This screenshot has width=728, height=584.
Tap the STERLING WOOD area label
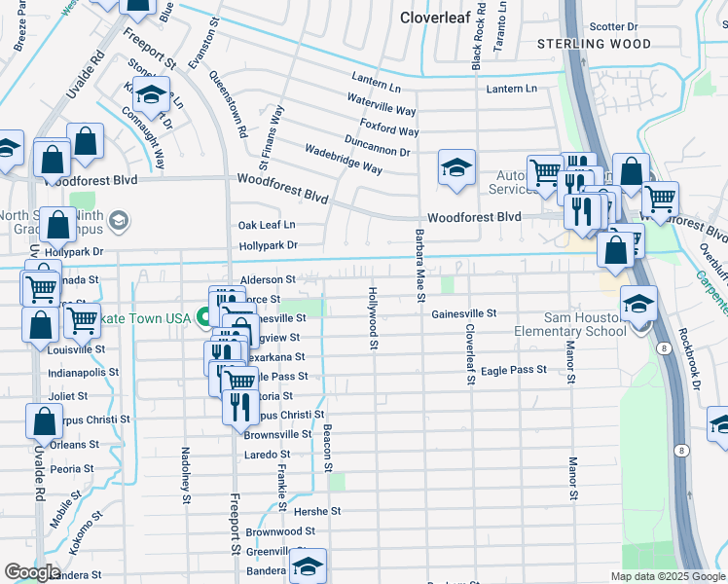[595, 44]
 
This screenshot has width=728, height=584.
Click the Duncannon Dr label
[379, 151]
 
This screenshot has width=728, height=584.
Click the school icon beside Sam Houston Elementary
[638, 305]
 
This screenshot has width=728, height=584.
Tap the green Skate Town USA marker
[204, 317]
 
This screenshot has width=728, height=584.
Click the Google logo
[32, 572]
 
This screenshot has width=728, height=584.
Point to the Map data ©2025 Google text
[667, 576]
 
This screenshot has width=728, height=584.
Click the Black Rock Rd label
[477, 41]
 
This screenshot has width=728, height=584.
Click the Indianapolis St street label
[84, 372]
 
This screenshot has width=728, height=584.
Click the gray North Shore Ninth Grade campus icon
[119, 220]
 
